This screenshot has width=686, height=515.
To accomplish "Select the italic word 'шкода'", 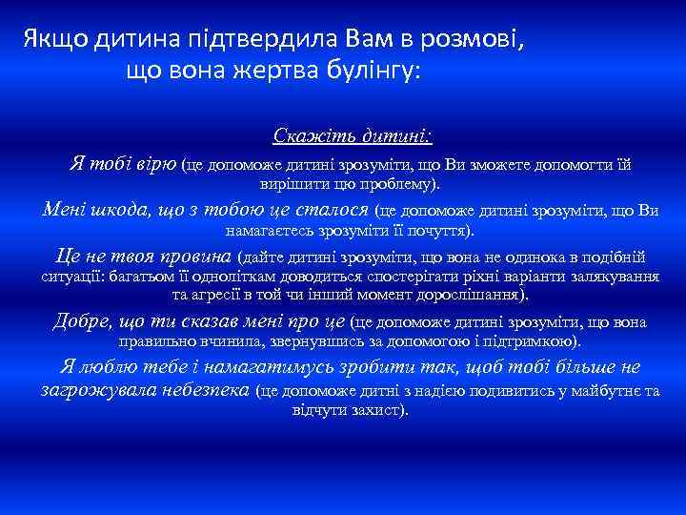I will [x=111, y=210].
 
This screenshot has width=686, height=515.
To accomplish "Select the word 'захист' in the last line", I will [x=380, y=409].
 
